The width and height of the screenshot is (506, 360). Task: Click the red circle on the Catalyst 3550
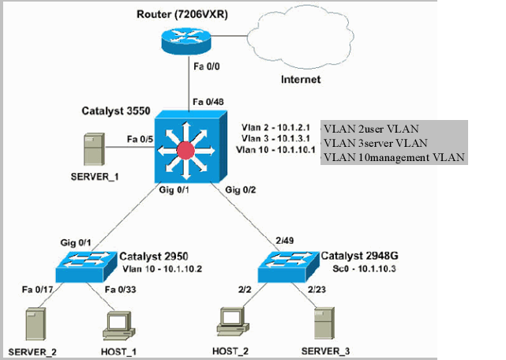tap(186, 150)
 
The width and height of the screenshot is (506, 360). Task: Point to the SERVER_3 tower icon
tap(326, 324)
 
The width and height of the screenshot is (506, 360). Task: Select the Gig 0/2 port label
tap(241, 189)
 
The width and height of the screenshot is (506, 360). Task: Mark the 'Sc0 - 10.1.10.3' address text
tap(354, 269)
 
